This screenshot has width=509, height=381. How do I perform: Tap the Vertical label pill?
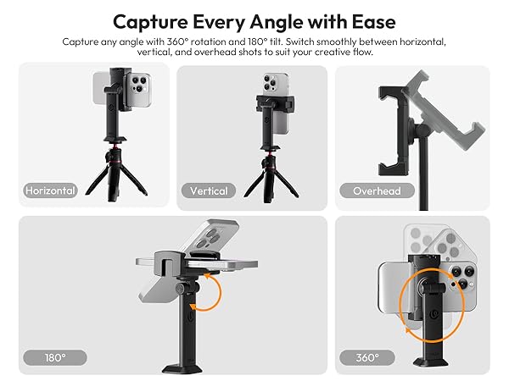pyautogui.click(x=209, y=190)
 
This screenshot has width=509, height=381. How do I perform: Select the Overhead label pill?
pyautogui.click(x=377, y=190)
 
